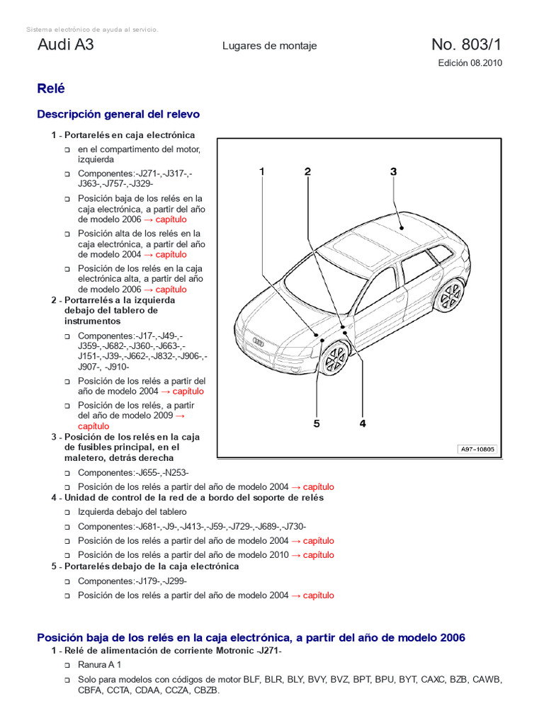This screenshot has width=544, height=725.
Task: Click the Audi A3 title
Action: [x=65, y=45]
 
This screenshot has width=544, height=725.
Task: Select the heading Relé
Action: [x=50, y=89]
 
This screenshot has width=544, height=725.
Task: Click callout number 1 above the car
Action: [x=261, y=171]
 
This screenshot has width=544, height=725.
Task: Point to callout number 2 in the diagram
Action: [x=307, y=171]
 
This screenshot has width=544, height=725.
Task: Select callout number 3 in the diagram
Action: [x=393, y=171]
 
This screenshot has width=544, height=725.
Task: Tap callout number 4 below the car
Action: [x=363, y=423]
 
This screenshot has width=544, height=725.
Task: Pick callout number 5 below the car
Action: [x=317, y=423]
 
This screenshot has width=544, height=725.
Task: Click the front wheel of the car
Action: [x=333, y=359]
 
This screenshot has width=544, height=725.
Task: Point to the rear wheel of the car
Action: [x=450, y=296]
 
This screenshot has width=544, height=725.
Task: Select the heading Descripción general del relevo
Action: [x=118, y=114]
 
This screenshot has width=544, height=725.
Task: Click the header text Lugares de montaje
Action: [x=269, y=46]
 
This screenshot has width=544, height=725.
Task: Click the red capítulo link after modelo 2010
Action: [x=317, y=555]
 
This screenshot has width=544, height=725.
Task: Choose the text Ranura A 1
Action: [x=99, y=665]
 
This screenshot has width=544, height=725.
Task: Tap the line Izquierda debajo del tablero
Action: [x=132, y=512]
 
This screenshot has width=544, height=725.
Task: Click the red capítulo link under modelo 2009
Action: [x=93, y=426]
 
